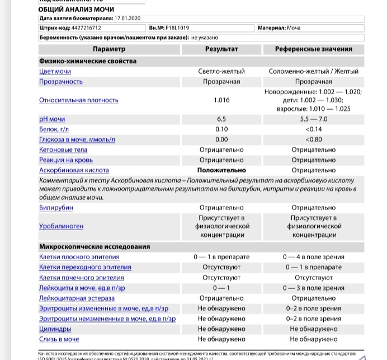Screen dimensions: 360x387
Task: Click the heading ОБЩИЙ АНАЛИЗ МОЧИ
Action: point(69,10)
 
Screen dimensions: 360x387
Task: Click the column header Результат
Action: point(221,49)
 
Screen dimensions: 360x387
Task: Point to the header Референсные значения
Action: point(313,49)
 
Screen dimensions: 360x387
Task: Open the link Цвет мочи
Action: point(55,72)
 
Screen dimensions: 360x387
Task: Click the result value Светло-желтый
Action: point(221,72)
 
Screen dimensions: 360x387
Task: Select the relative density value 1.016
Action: point(221,100)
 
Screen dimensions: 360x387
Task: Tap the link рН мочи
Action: point(52,119)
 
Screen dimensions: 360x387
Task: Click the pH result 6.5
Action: point(221,119)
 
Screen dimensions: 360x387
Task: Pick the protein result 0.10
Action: point(221,129)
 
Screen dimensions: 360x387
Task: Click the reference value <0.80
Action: point(313,139)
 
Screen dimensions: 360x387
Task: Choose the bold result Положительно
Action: point(221,170)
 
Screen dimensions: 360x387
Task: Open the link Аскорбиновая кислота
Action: point(74,170)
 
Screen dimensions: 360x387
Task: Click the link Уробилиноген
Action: point(62,227)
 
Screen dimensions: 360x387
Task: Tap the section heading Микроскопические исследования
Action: point(95,247)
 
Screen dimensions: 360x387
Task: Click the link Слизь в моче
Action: point(59,339)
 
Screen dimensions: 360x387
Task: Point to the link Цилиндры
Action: point(55,329)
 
